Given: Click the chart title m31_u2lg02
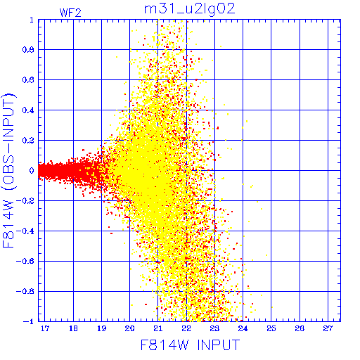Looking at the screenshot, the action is (x=189, y=9).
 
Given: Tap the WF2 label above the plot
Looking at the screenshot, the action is (x=70, y=13).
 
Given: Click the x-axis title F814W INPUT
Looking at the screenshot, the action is (x=190, y=345).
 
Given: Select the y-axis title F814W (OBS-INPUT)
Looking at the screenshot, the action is (x=8, y=170).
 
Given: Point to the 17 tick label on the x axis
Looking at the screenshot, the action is (x=45, y=328).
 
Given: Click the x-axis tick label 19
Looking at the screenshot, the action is (x=101, y=328).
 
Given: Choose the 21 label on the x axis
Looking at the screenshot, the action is (x=158, y=328).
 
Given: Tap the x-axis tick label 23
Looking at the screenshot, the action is (x=214, y=328).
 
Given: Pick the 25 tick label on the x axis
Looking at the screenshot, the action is (x=271, y=328).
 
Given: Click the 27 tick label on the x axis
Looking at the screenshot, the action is (x=328, y=328).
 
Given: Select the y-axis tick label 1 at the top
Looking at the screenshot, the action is (x=32, y=20).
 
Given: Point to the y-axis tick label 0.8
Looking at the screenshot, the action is (x=28, y=50).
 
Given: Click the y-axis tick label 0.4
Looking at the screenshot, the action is (x=28, y=110).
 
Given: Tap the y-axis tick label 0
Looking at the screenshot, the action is (x=32, y=171).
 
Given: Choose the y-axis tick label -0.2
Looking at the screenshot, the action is (x=25, y=201).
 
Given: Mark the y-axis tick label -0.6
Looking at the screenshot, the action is (x=25, y=262).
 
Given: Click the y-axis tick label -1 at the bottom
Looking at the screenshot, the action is (x=28, y=321).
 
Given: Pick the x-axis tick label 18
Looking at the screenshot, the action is (x=73, y=328).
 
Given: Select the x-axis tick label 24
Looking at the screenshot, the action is (x=243, y=328).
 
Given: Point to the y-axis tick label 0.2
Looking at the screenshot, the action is (x=28, y=141).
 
